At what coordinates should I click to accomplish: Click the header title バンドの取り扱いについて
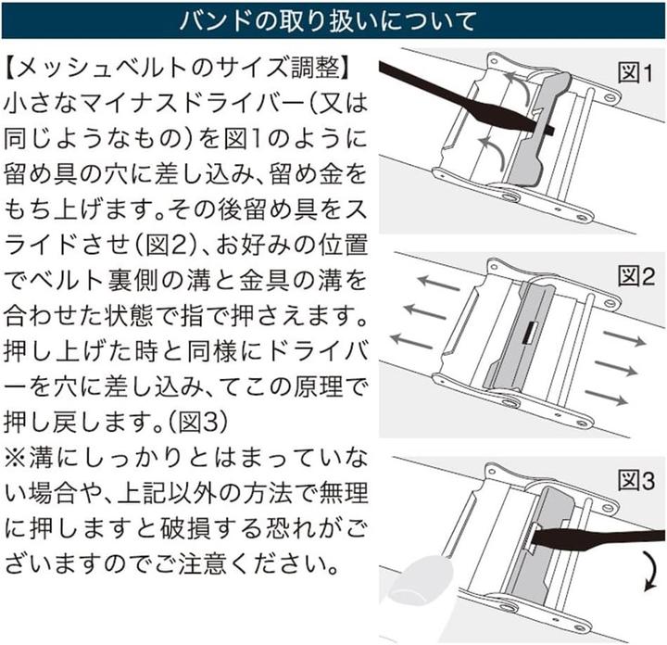(x=328, y=20)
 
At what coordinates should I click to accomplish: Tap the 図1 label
(x=635, y=73)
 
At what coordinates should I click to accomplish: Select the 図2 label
(x=636, y=276)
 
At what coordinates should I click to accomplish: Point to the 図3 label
(x=636, y=481)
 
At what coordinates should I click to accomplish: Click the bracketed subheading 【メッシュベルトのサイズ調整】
(x=178, y=69)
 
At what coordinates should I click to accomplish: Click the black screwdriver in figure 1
(x=464, y=99)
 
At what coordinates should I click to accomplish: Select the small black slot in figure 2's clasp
(x=530, y=333)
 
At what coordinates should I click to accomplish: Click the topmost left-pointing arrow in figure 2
(x=438, y=284)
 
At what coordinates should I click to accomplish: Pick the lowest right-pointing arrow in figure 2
(x=606, y=398)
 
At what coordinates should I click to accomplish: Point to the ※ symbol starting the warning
(x=16, y=458)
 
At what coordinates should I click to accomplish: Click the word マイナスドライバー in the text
(x=195, y=104)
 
